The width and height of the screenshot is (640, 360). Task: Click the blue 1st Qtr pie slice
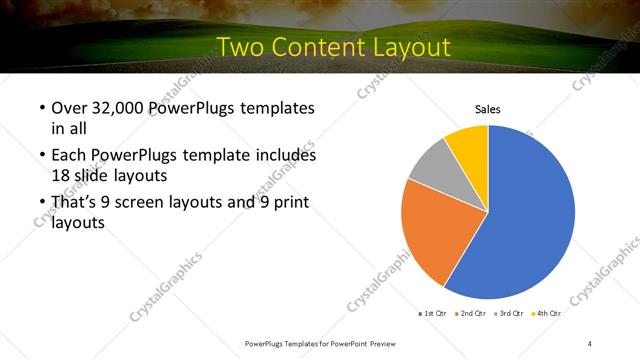pos(530,215)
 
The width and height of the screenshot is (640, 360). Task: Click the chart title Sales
pos(487,109)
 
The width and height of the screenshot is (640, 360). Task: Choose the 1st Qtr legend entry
pos(434,313)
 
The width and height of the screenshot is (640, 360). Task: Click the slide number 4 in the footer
pos(590,343)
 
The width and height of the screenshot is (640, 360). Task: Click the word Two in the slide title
pos(241,47)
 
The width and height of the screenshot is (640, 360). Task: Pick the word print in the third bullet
pos(285,203)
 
